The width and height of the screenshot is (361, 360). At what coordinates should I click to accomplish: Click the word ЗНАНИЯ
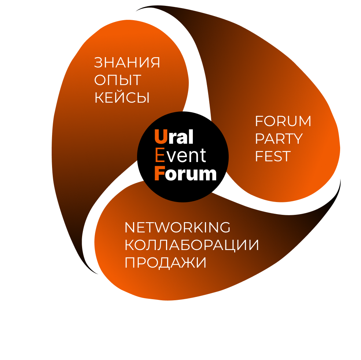pyautogui.click(x=127, y=63)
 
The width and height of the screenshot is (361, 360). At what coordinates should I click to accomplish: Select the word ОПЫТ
pyautogui.click(x=118, y=80)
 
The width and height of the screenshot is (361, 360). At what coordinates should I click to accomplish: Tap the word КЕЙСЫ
pyautogui.click(x=122, y=98)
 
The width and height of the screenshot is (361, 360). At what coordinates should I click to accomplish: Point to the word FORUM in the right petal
pyautogui.click(x=283, y=121)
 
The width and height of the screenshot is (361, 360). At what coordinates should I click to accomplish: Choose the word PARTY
pyautogui.click(x=279, y=139)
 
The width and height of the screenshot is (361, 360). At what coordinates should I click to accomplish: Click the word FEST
pyautogui.click(x=272, y=157)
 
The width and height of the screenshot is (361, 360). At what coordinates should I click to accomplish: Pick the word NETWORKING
pyautogui.click(x=177, y=228)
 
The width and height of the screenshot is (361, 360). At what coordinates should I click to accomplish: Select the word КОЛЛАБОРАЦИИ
pyautogui.click(x=192, y=245)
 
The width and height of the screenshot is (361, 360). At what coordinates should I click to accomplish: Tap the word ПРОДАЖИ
pyautogui.click(x=166, y=263)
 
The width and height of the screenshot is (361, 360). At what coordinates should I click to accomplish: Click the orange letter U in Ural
pyautogui.click(x=161, y=137)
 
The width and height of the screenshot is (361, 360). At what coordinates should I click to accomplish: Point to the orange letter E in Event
pyautogui.click(x=160, y=155)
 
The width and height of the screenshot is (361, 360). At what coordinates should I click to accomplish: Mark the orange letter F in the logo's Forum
pyautogui.click(x=159, y=173)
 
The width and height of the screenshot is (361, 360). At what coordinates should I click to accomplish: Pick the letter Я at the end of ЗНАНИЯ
pyautogui.click(x=155, y=63)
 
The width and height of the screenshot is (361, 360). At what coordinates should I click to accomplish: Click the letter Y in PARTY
pyautogui.click(x=297, y=139)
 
